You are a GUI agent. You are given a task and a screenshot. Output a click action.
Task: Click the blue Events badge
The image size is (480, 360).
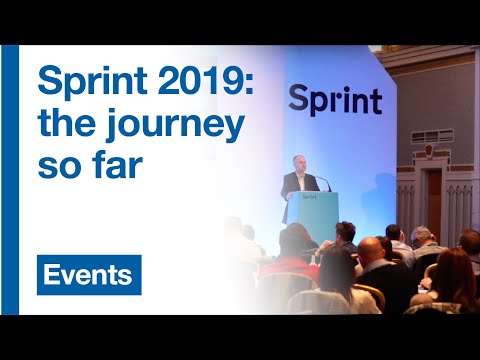point(89,275)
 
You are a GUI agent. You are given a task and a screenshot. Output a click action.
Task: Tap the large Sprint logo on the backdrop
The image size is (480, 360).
point(335,100)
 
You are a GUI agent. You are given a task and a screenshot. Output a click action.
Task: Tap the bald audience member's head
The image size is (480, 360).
point(371,249)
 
